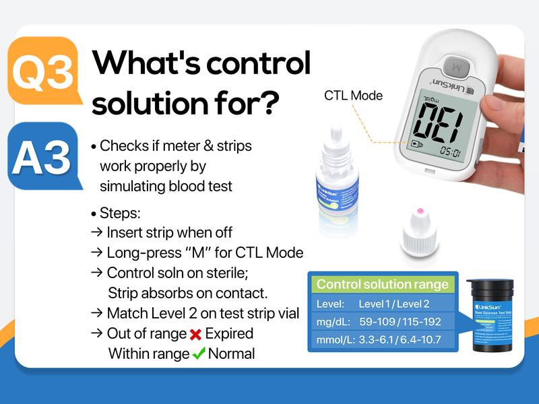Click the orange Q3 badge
tap(42, 71)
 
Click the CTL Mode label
tap(353, 96)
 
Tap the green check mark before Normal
tap(199, 353)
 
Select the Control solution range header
tap(382, 284)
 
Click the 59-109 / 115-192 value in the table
tap(400, 322)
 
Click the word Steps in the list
tap(120, 213)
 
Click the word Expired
tap(229, 334)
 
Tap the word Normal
tap(232, 353)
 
